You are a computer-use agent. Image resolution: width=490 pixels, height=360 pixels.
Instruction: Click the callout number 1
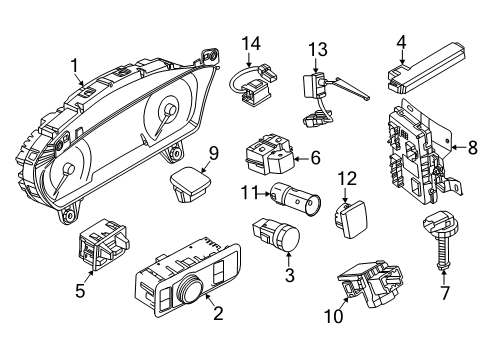73,66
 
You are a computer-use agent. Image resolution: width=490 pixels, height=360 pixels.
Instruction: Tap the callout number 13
317,49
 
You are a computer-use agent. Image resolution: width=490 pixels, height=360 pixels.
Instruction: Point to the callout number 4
400,41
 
